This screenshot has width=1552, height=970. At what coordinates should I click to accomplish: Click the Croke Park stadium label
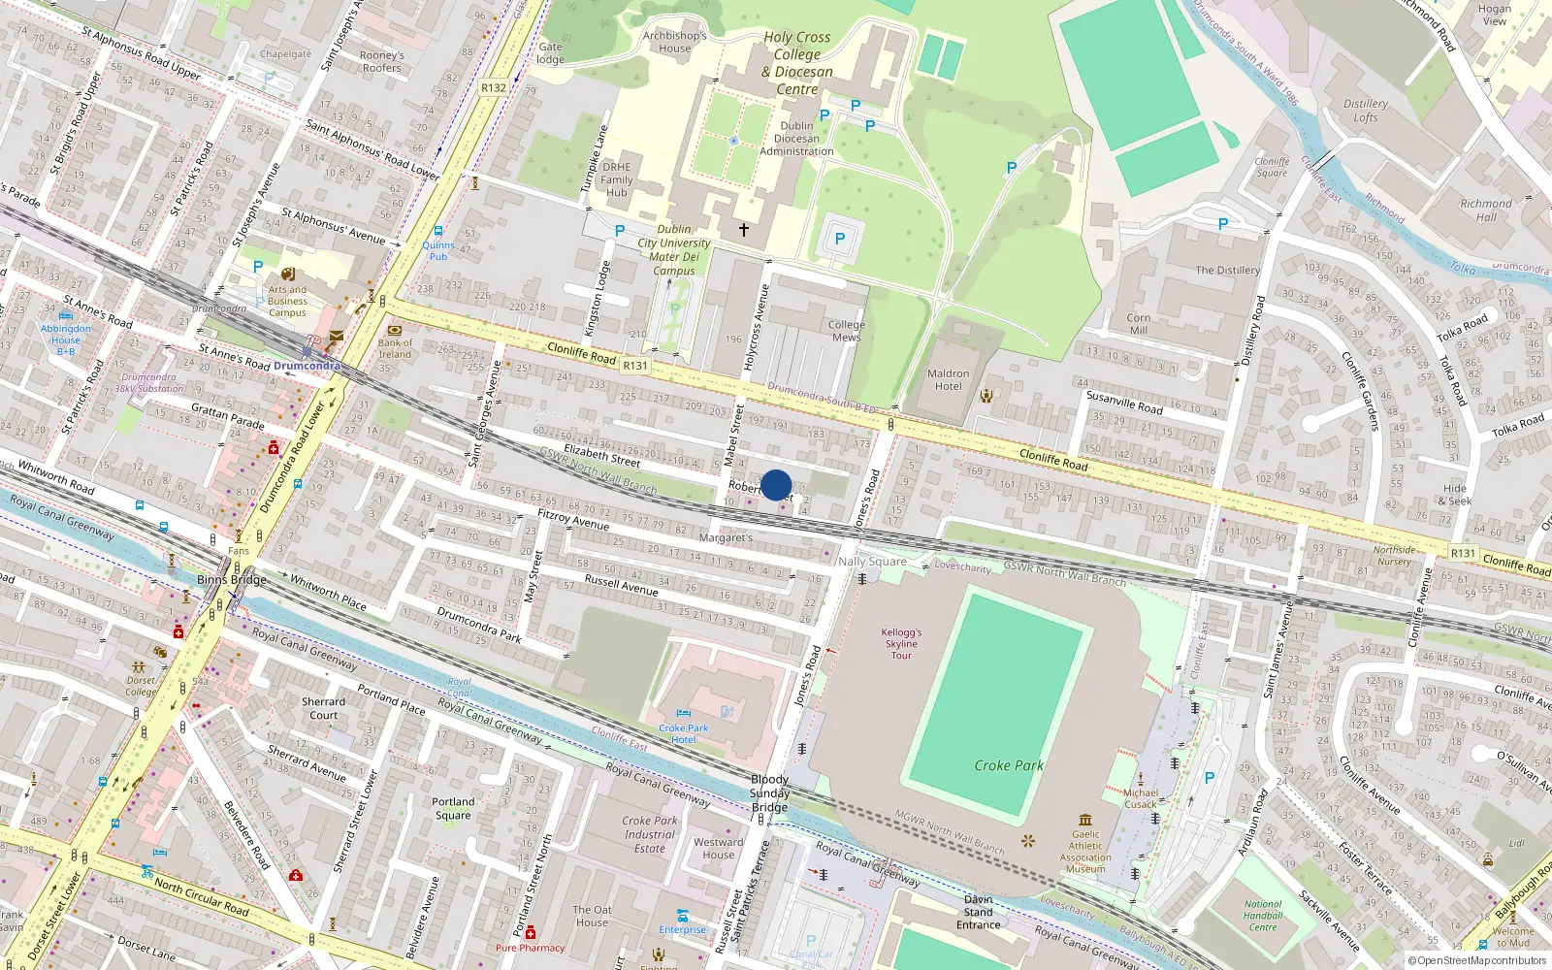1009,765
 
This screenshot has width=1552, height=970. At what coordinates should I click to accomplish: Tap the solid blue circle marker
776,485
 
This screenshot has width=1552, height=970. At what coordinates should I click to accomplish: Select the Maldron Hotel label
948,379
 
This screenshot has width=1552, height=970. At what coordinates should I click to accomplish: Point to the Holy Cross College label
797,63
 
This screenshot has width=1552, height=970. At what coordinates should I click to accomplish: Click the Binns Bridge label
231,579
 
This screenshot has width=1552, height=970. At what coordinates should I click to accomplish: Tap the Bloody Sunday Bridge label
769,793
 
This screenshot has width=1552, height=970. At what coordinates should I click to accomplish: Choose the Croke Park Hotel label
684,733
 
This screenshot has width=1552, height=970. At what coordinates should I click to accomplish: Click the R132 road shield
494,87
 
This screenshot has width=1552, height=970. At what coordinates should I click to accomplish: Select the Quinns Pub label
438,250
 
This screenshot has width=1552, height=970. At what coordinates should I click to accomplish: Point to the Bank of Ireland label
395,348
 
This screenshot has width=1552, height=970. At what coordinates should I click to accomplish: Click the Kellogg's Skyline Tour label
901,643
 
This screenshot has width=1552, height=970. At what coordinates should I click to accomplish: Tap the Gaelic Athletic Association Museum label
1085,851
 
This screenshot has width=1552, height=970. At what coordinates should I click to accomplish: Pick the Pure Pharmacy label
530,948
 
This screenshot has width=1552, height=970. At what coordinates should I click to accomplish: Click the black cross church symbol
744,230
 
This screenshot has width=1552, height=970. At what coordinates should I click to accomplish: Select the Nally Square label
872,561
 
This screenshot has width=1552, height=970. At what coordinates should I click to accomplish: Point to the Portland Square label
453,808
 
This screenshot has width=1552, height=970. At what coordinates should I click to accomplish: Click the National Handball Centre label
1263,915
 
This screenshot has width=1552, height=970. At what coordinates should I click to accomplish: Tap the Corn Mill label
1139,324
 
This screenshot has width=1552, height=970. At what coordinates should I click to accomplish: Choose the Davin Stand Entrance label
978,912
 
